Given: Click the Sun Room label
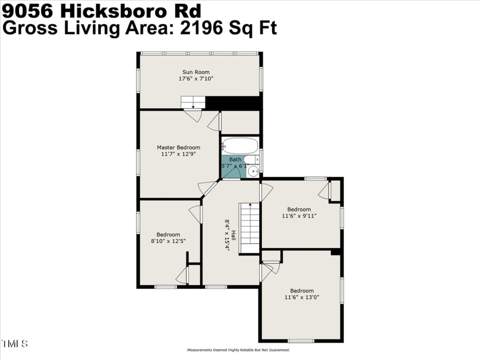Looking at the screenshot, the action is [x=196, y=72].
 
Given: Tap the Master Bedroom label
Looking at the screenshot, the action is [x=179, y=148].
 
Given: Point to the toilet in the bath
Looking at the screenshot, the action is [x=252, y=159].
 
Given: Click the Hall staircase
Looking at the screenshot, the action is [x=249, y=228].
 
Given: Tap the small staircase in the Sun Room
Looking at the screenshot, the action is [x=193, y=102].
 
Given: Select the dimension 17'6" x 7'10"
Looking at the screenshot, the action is [x=196, y=79].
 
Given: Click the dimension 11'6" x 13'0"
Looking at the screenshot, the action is [x=302, y=297].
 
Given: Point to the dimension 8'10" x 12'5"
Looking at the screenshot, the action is [x=168, y=241].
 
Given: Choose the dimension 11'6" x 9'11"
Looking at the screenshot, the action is [x=299, y=216].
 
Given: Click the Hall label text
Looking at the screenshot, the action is [x=233, y=235].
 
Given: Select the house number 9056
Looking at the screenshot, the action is [x=28, y=11].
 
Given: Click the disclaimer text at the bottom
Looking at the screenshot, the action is [x=238, y=350].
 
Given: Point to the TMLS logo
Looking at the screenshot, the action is [x=15, y=344].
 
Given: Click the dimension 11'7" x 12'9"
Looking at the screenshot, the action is [x=179, y=154].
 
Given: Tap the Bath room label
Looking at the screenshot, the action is [x=235, y=159].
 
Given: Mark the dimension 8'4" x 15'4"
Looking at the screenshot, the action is [x=227, y=235].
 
